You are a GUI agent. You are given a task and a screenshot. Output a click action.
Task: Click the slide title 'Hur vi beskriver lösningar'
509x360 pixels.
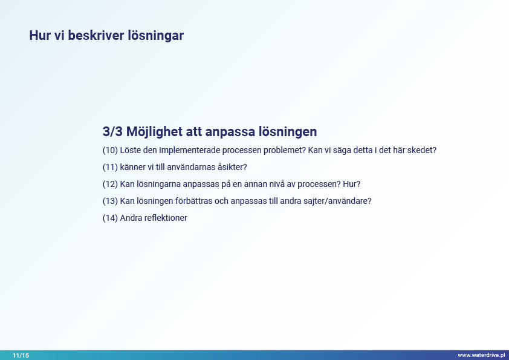(106, 36)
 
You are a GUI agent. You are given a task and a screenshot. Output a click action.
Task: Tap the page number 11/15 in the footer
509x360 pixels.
(21, 355)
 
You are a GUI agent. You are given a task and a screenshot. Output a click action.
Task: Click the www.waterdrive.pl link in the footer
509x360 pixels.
(481, 355)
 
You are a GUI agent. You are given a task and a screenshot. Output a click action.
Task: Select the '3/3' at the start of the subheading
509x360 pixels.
(112, 131)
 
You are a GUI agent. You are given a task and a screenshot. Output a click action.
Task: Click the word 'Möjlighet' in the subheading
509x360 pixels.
(154, 132)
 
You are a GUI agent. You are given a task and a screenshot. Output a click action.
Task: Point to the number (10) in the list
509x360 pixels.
(110, 150)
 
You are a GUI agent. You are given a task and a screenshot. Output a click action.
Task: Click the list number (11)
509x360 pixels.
(110, 167)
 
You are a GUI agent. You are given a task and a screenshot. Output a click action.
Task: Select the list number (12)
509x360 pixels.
(110, 184)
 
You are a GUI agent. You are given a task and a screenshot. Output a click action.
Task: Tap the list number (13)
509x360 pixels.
(110, 201)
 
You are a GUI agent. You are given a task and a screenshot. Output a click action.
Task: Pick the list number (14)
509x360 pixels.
(110, 218)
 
